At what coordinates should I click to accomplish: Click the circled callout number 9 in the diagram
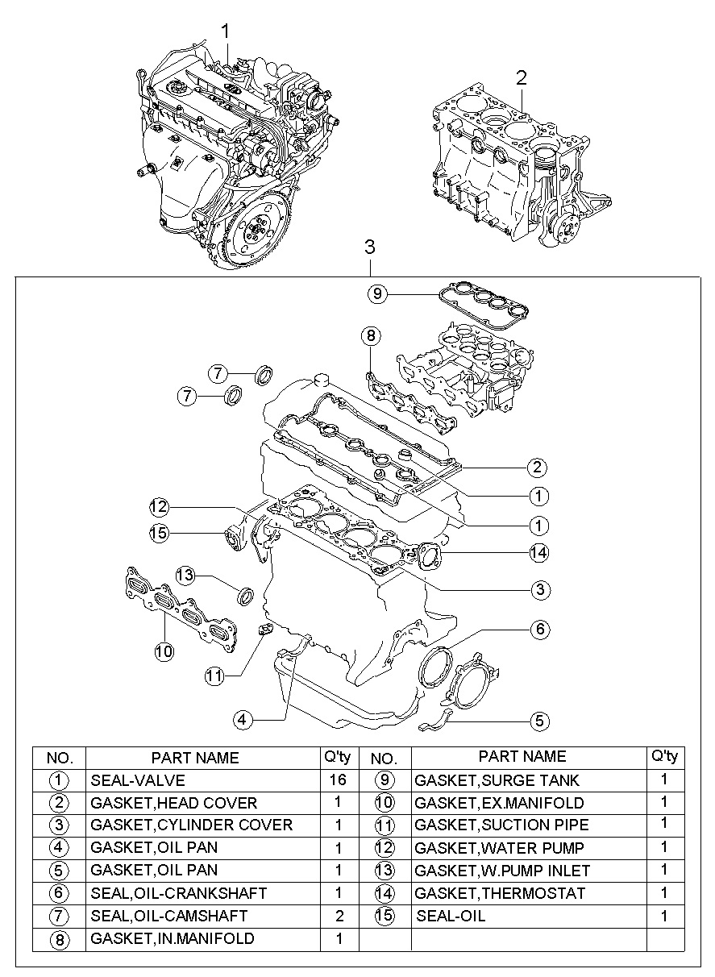pos(376,294)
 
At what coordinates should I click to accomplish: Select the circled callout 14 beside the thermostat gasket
pos(538,553)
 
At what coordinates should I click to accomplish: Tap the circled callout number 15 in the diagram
pos(158,531)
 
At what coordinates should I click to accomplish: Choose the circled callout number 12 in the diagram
pos(158,507)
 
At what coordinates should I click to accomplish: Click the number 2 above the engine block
pos(522,77)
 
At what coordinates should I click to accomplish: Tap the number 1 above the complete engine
pos(226,31)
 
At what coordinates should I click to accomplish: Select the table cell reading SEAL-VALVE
pos(138,780)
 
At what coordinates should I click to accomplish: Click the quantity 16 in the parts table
pos(339,780)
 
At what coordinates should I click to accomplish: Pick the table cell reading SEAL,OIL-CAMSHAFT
pos(169,916)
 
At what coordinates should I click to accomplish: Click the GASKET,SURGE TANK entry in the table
pos(497,780)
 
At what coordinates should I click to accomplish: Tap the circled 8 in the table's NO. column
pos(59,939)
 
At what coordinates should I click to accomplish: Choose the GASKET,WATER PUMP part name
pos(500,848)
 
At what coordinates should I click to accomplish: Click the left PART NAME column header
pos(195,758)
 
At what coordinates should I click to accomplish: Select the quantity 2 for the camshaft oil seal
pos(339,916)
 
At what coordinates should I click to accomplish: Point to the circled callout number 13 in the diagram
pos(186,575)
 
